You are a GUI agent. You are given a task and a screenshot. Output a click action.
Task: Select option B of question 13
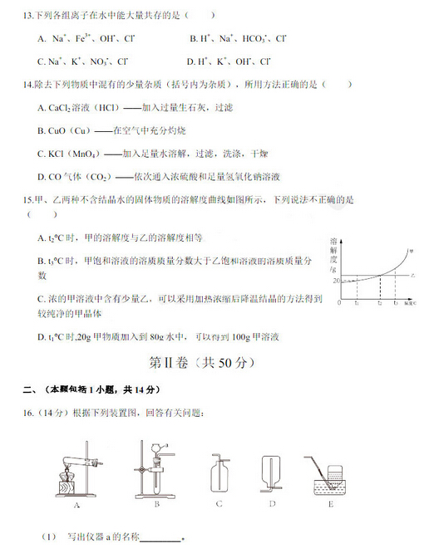pos(193,39)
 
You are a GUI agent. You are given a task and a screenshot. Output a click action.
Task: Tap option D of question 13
pos(193,61)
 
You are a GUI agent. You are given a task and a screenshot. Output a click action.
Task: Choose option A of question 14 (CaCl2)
pos(42,108)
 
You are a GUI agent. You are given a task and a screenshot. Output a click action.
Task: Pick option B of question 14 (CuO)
pos(42,130)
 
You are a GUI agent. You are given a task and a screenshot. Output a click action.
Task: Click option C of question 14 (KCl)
pos(42,153)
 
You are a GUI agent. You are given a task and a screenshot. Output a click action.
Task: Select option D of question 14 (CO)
pos(42,176)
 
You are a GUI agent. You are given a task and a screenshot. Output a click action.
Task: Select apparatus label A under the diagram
pos(76,504)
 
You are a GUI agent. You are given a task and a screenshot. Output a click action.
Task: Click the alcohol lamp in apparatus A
pos(62,483)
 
